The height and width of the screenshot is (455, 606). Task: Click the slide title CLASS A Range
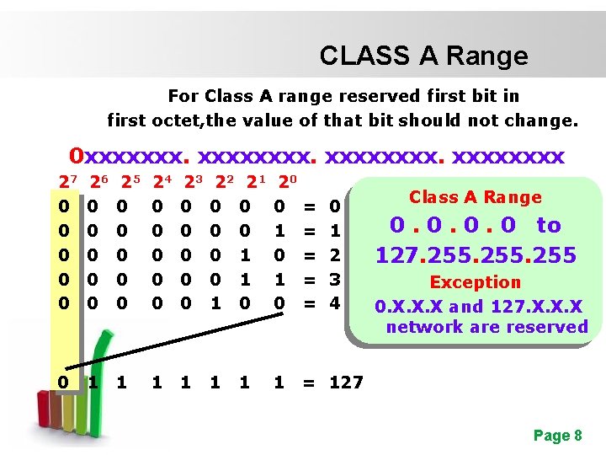tap(423, 56)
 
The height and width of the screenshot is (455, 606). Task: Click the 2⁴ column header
tap(161, 181)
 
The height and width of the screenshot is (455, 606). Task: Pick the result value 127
tap(345, 382)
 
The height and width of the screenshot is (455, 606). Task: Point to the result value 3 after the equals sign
tap(334, 277)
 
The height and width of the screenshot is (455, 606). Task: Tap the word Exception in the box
tap(476, 282)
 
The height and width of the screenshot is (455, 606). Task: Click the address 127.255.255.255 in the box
tap(476, 254)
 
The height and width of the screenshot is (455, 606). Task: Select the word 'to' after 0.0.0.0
tap(548, 225)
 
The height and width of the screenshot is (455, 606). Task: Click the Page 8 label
tap(557, 436)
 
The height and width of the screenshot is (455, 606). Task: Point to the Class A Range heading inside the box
tap(476, 197)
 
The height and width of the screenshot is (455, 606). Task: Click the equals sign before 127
tap(309, 382)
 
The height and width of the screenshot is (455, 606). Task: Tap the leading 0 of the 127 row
tap(63, 382)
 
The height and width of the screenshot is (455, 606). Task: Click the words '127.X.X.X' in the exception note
tap(539, 305)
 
